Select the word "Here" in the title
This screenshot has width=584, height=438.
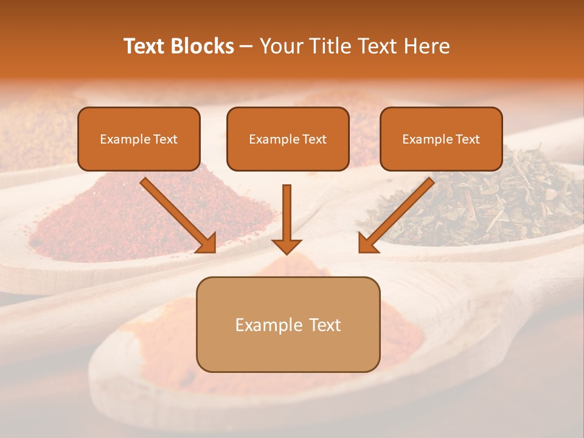(x=427, y=46)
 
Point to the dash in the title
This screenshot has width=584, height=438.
(x=246, y=47)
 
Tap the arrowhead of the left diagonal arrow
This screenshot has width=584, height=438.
(x=207, y=243)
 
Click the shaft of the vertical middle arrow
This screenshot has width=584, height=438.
(x=287, y=210)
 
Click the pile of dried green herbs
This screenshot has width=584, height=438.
(x=487, y=201)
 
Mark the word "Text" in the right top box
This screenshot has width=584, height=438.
(x=467, y=139)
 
